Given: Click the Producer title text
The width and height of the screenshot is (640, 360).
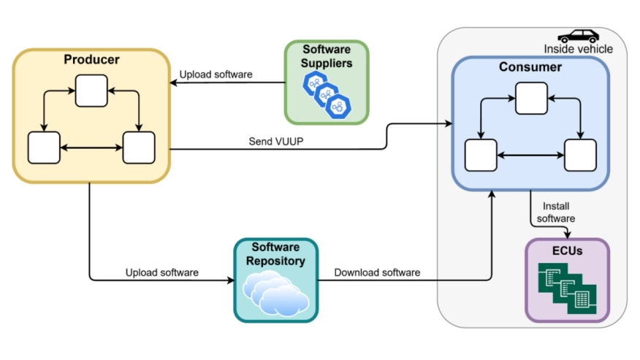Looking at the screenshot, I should pos(91,59).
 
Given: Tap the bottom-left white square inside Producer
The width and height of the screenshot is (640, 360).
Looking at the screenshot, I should pos(43,148).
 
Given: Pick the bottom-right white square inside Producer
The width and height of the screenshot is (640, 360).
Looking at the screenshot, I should pos(138,148).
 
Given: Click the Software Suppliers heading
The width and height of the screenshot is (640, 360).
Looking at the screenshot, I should pos(327,56).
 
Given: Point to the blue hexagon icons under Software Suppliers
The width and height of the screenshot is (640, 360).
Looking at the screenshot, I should pos(327,95).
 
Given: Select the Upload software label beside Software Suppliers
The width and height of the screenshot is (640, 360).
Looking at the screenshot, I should pos(216,74).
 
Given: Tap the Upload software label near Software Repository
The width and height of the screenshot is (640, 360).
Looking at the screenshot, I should pos(161,272).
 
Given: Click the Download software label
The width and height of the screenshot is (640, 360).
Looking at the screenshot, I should pos(377,272).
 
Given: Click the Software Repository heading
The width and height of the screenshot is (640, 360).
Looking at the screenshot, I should pos(275,254).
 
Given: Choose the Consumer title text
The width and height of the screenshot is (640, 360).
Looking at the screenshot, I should pos(530,67).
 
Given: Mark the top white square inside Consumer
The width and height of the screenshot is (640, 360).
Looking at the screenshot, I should pos(530,99).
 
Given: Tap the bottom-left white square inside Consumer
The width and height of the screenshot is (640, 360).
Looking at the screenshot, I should pos(481,156).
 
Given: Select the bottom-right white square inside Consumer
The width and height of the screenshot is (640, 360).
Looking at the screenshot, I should pos(580,156).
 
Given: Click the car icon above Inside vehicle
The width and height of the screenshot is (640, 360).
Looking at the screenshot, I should pos(578,36).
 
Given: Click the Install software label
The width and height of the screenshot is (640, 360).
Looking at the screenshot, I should pos(555,212).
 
